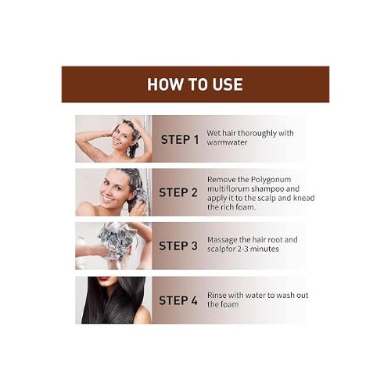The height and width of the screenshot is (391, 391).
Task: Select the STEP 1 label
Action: tap(180, 140)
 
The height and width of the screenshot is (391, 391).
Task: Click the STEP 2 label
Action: tap(178, 192)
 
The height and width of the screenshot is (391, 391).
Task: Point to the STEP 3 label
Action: tap(178, 246)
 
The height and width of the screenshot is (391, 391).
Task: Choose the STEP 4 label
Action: tap(178, 300)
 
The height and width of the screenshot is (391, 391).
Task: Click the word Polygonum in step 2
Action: tap(271, 180)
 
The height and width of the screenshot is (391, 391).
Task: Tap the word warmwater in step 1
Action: tap(227, 142)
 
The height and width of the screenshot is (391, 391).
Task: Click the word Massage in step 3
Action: tap(222, 240)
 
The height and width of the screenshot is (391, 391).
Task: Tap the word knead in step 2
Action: tap(304, 198)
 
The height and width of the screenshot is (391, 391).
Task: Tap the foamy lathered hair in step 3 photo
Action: tap(117, 240)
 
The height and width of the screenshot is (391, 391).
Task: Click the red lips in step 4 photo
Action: tap(104, 278)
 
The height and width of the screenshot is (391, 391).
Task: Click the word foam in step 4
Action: tap(230, 304)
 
